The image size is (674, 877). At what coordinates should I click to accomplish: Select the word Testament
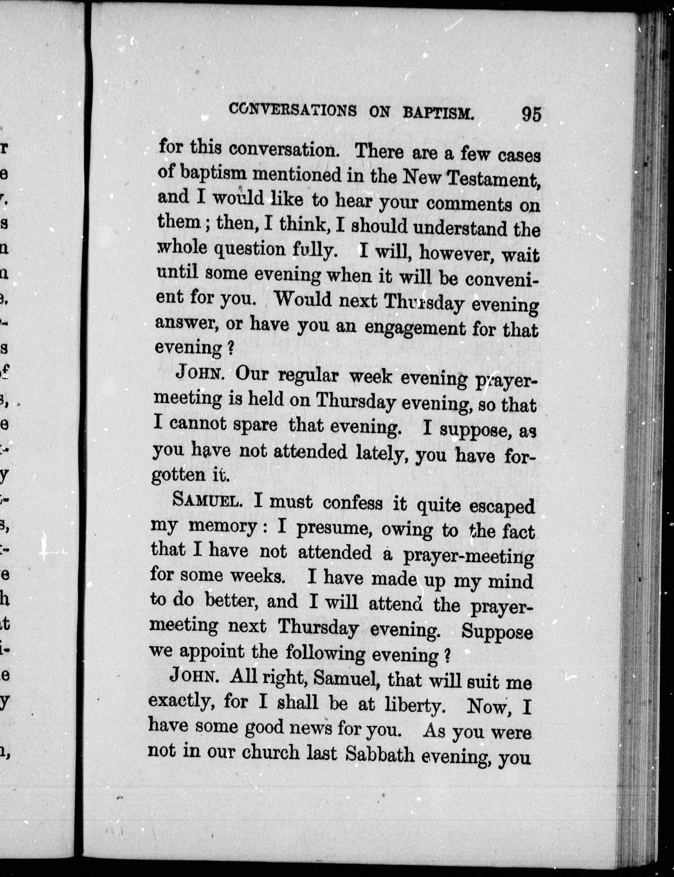[x=492, y=179]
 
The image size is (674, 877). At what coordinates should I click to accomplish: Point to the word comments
[x=469, y=204]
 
